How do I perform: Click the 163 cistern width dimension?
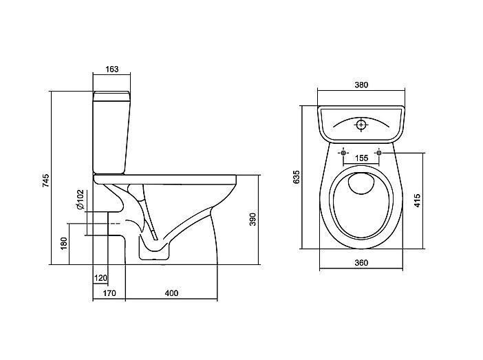tap(112, 69)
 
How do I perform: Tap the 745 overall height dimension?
tap(45, 180)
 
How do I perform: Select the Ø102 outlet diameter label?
tap(80, 200)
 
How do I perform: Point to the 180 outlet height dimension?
tap(64, 243)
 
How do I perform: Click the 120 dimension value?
tap(100, 278)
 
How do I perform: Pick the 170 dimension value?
tap(109, 293)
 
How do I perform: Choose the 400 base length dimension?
tap(171, 293)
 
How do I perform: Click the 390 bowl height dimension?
tap(253, 219)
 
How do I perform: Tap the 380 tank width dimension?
tap(361, 85)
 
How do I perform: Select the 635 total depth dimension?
tap(296, 177)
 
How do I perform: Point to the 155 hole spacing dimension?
tap(361, 158)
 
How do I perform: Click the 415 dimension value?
tap(417, 200)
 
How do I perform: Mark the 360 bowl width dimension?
tap(361, 263)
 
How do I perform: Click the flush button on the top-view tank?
tap(361, 125)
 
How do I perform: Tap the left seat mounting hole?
tap(343, 153)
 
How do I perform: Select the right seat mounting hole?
tap(379, 153)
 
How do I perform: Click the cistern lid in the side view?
tap(111, 96)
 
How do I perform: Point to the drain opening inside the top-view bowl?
tap(361, 183)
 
